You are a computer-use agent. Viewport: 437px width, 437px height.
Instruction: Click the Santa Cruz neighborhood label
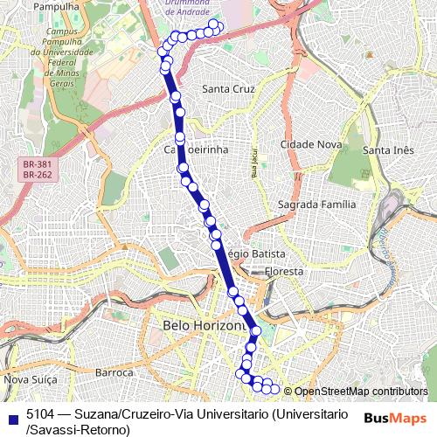227,89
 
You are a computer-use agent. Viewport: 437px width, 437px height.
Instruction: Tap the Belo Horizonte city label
205,325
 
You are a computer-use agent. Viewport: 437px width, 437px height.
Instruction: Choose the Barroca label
113,372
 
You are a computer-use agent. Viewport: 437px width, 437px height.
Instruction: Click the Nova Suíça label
31,379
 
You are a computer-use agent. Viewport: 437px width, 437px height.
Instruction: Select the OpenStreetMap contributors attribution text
360,392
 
